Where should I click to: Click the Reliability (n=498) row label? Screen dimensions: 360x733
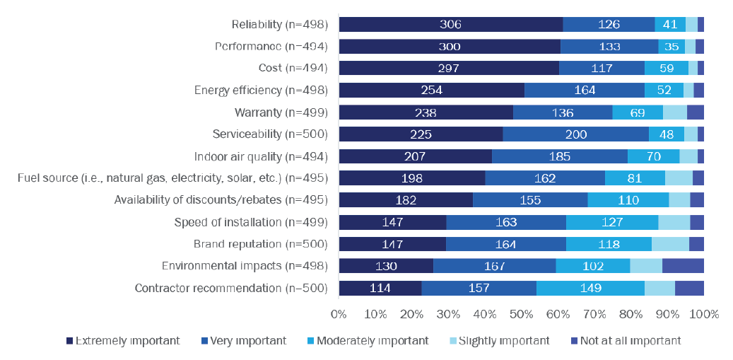[x=280, y=24]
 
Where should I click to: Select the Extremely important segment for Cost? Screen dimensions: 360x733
[x=449, y=68]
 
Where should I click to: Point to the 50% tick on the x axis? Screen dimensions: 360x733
[x=521, y=313]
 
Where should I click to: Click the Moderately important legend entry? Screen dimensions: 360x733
[x=372, y=341]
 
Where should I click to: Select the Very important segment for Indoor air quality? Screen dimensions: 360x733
[x=560, y=156]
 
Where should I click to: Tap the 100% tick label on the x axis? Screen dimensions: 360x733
[x=704, y=313]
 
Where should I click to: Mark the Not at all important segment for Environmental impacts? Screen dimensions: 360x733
[x=683, y=266]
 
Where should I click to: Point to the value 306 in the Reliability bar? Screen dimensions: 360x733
[x=450, y=24]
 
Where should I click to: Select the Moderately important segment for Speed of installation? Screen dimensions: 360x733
[x=612, y=222]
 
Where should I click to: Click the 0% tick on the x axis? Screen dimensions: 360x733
[x=339, y=313]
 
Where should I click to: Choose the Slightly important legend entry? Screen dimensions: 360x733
[x=503, y=341]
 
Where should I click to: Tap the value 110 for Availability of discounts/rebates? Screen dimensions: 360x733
[x=628, y=200]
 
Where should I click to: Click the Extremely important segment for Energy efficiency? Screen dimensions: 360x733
[x=432, y=91]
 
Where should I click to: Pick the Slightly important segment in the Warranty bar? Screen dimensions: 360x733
[x=675, y=112]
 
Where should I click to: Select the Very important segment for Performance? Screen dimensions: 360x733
[x=609, y=47]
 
